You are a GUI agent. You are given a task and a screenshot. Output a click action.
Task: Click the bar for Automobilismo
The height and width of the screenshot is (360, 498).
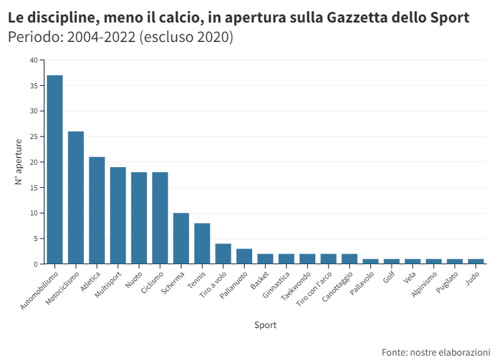coord(54,169)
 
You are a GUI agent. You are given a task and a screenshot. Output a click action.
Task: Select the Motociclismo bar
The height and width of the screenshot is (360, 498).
coord(76,198)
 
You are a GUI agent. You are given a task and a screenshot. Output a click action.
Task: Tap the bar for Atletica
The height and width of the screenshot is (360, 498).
coord(97,210)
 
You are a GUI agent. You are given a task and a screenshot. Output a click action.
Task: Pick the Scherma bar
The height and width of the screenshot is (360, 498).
coord(181,239)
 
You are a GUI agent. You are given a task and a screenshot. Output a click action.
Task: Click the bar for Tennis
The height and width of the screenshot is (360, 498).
coord(202,244)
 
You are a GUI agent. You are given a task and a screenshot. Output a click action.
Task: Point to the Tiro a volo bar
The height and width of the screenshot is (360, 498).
coord(223,254)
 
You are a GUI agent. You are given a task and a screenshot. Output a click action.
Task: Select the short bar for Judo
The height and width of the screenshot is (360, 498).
coord(475,261)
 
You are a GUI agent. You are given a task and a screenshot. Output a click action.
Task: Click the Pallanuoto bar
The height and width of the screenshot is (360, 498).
coord(244,256)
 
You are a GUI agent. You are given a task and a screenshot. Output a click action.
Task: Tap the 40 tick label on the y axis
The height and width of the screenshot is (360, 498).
coord(34,60)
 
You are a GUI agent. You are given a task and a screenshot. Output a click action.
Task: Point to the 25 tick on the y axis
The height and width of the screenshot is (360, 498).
coord(34,136)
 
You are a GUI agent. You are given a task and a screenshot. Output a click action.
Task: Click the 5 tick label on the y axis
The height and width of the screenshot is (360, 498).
coord(36,239)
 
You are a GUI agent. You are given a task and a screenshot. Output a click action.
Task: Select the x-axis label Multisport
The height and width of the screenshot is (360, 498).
coord(108,285)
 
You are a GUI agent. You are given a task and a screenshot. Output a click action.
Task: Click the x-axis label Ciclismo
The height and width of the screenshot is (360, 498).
coord(152,282)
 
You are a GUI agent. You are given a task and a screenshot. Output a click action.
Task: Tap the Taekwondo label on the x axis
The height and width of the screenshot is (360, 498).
coord(296,286)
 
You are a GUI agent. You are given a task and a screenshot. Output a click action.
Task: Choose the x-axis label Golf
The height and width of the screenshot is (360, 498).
coord(389,277)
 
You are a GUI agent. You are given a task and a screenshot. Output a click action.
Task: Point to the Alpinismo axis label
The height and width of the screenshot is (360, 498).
coord(424,284)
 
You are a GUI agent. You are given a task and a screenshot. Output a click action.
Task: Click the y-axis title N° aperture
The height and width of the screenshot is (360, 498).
coord(18,162)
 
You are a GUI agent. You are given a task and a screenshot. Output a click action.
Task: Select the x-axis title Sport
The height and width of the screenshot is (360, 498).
coord(265,325)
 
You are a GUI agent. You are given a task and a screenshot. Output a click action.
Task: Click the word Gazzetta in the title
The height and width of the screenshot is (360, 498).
coord(357,18)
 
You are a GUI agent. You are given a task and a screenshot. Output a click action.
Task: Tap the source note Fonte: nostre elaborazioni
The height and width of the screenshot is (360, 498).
coord(435,352)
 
